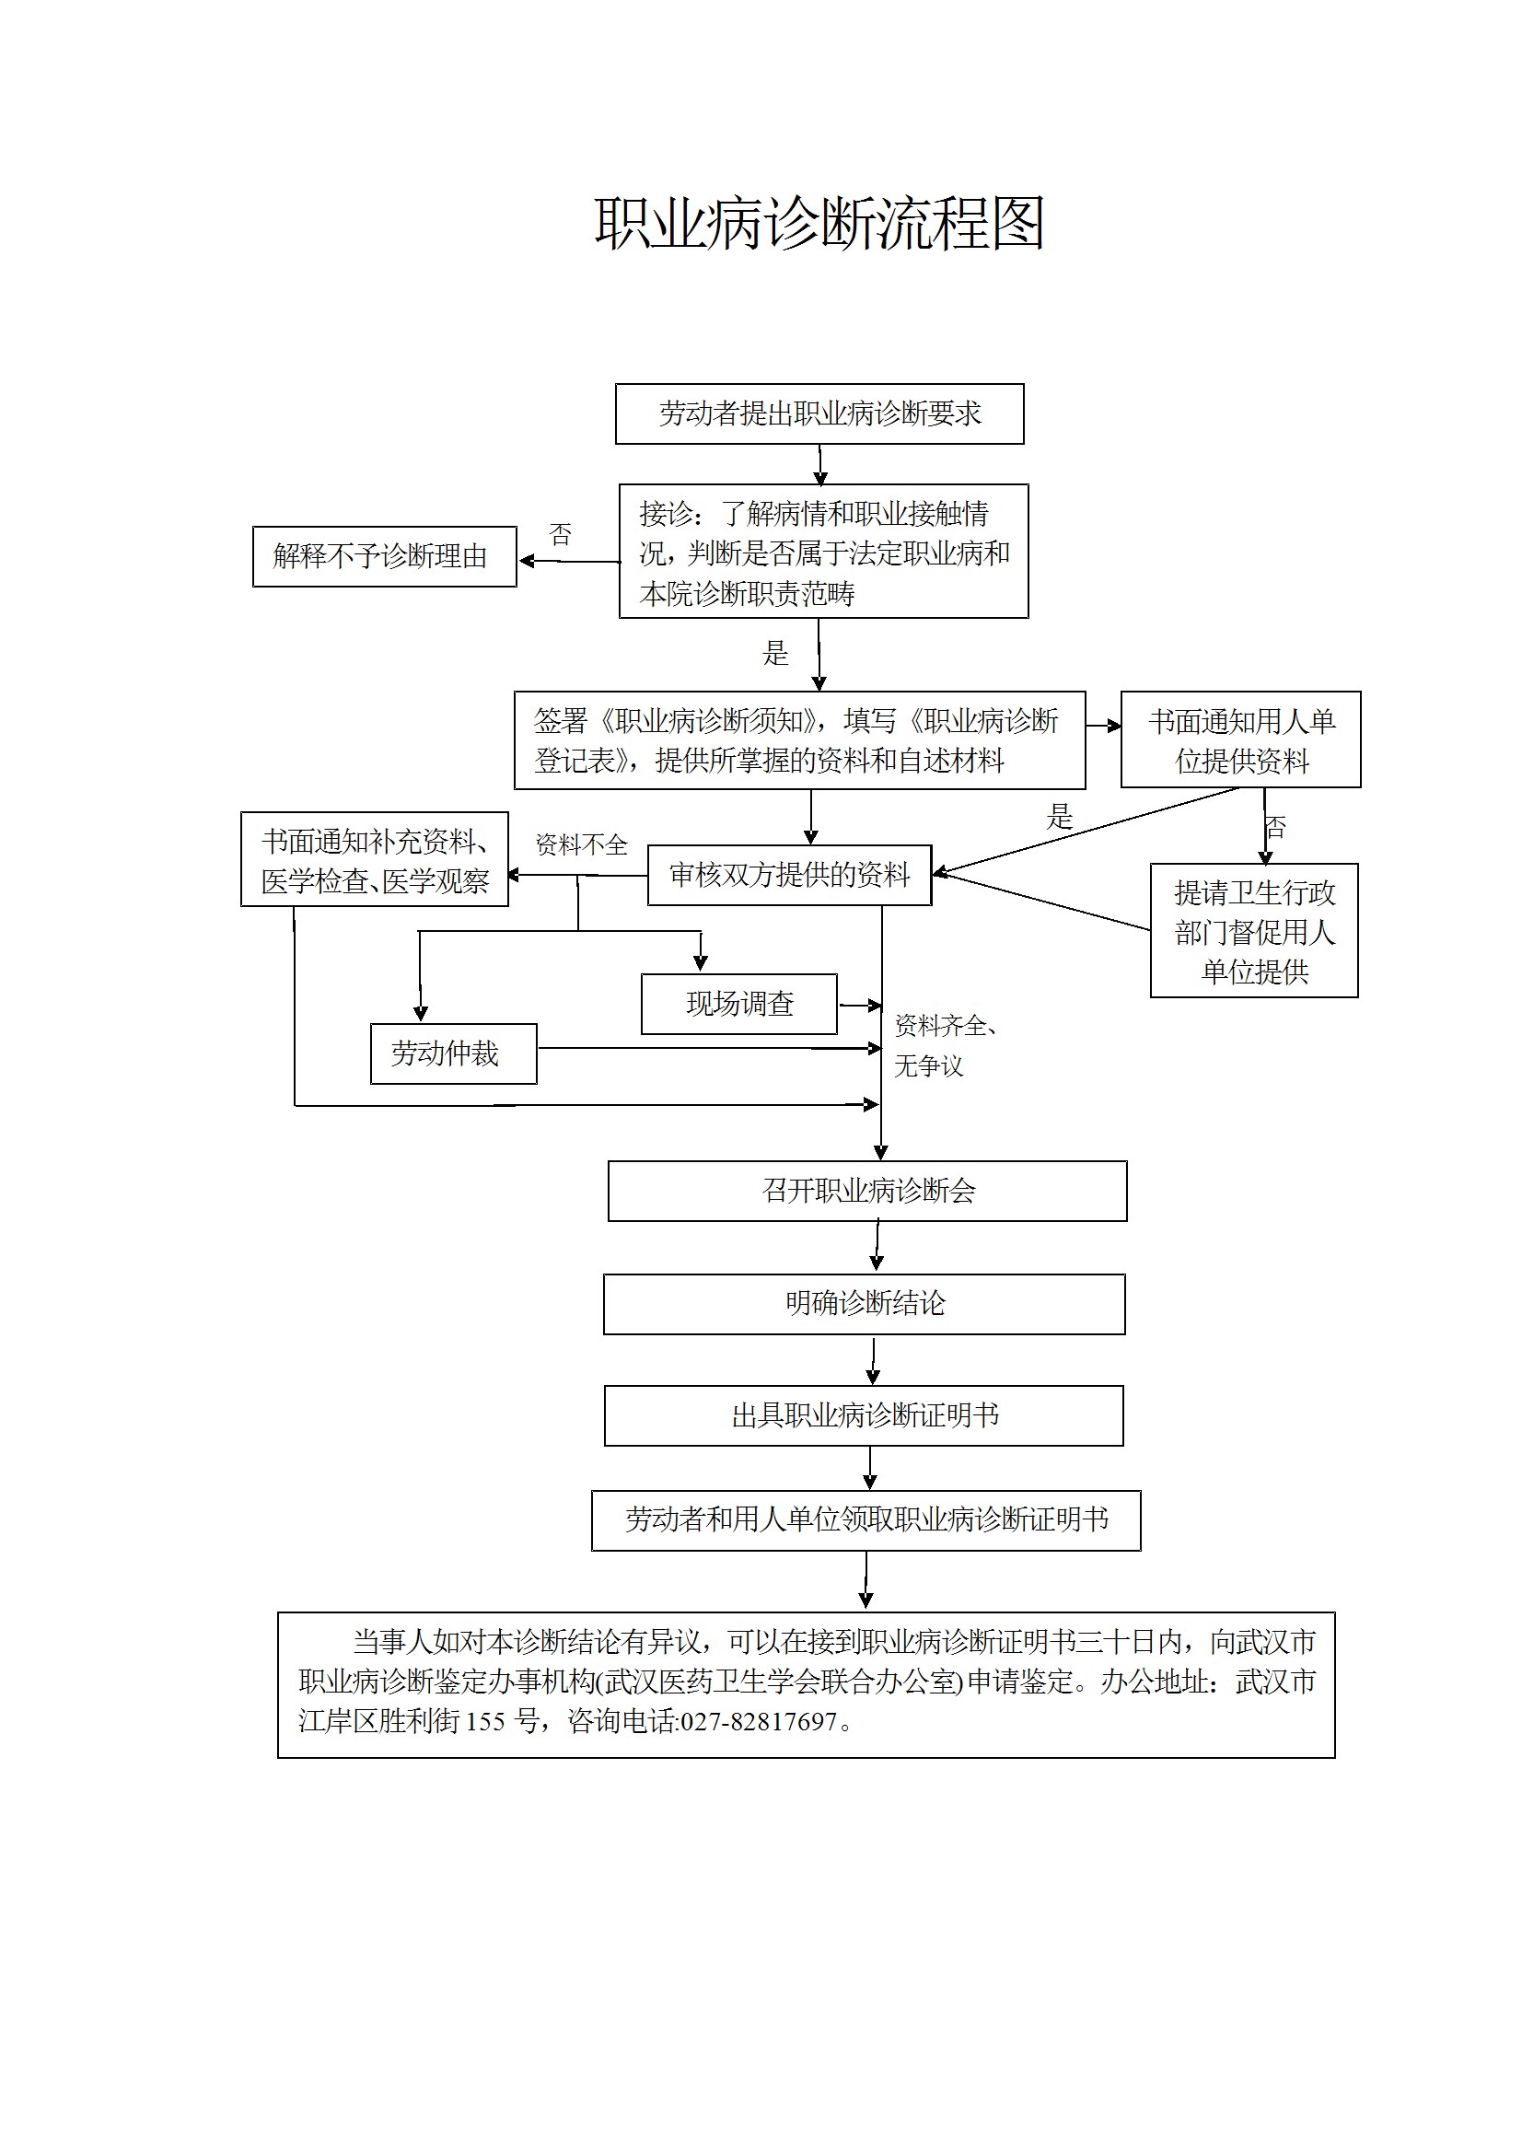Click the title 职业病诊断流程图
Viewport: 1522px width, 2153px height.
(x=819, y=225)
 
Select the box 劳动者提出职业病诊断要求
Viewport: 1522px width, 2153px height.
(x=819, y=413)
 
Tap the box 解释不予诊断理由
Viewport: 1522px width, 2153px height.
(x=385, y=557)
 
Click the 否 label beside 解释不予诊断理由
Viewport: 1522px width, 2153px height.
(x=560, y=534)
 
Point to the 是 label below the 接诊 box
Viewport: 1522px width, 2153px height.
(x=775, y=654)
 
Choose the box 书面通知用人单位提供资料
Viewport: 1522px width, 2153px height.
(x=1240, y=739)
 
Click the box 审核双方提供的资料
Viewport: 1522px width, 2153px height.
(x=789, y=876)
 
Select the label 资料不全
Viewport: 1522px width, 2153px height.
(x=581, y=844)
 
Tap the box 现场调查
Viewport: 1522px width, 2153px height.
(x=739, y=1005)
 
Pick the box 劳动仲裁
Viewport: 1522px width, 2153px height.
(x=454, y=1054)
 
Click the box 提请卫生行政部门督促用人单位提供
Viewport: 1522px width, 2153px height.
(x=1254, y=931)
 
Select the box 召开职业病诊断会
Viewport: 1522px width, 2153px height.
(x=867, y=1191)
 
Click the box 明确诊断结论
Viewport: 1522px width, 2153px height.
(x=864, y=1303)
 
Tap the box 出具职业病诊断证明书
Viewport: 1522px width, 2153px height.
(x=864, y=1415)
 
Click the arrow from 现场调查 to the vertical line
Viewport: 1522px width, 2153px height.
(x=859, y=1006)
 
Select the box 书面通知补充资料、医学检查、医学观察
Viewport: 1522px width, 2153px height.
(x=374, y=860)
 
